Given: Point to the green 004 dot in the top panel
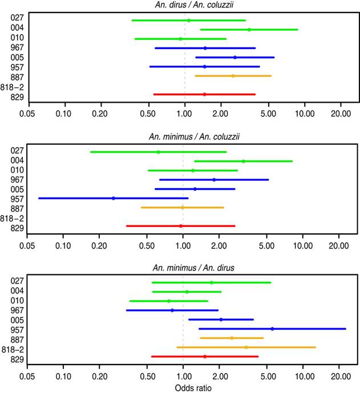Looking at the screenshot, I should coord(249,30).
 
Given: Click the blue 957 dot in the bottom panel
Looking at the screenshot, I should coord(272,329).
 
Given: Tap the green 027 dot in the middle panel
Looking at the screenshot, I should coord(158,152).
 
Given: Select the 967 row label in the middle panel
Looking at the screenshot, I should coord(17,180).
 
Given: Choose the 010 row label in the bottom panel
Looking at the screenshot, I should coord(17,301).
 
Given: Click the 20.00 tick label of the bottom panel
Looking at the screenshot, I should coord(339,378).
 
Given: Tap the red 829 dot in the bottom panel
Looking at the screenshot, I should coord(205,356).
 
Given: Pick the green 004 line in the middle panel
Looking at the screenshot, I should coord(217,161).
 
